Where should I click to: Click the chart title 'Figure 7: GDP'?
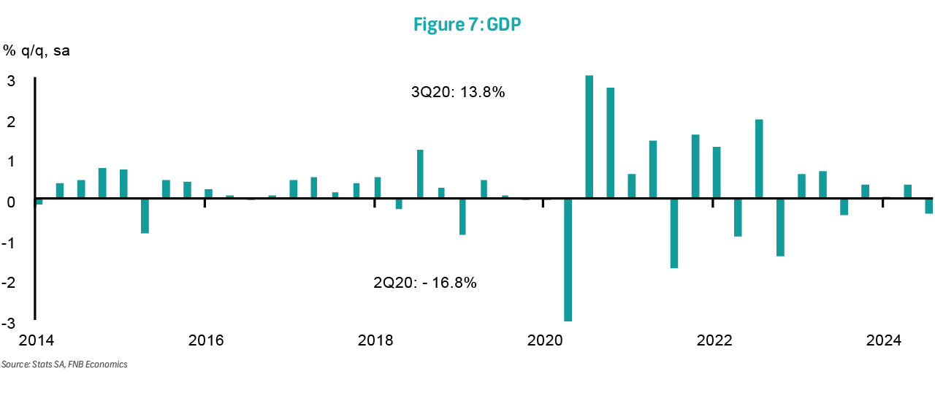point(467,24)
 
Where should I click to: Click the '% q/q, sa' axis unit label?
point(37,51)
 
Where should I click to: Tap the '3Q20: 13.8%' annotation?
point(458,93)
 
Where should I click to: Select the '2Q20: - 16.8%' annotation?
point(424,282)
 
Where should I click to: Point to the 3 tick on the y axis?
point(11,81)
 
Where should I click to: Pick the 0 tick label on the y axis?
point(11,202)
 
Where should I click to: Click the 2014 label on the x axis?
point(36,340)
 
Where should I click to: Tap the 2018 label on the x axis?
point(375,340)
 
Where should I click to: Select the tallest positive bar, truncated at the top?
point(589,137)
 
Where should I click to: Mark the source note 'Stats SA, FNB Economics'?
point(64,364)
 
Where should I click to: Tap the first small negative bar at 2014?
point(39,202)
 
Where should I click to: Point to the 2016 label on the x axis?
point(205,340)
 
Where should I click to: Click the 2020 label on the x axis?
point(544,340)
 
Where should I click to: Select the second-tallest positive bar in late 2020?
point(610,142)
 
